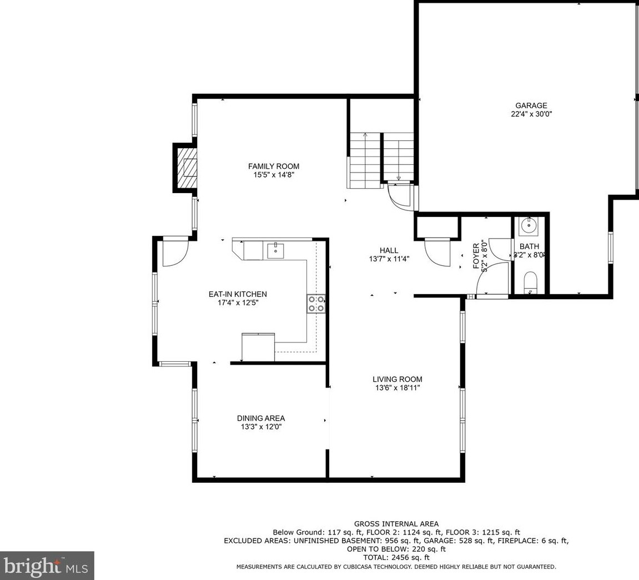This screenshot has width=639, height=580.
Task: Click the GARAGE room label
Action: click(531, 105)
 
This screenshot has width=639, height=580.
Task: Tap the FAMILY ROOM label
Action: click(273, 166)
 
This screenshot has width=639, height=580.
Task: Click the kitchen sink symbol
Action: click(275, 251)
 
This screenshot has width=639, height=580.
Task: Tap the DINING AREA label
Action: click(260, 418)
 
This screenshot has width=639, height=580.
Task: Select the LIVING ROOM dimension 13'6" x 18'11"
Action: click(397, 388)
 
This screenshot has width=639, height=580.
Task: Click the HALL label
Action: click(389, 250)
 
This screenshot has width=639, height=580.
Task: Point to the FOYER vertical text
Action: click(476, 256)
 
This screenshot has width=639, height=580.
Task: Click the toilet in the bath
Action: click(530, 283)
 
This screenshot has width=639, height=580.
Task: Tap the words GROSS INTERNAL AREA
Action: click(396, 523)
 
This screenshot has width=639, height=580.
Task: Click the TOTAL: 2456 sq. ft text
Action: click(396, 557)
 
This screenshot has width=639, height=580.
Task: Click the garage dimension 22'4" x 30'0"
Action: click(531, 114)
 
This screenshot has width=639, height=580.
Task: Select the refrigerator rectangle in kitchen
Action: click(258, 347)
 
